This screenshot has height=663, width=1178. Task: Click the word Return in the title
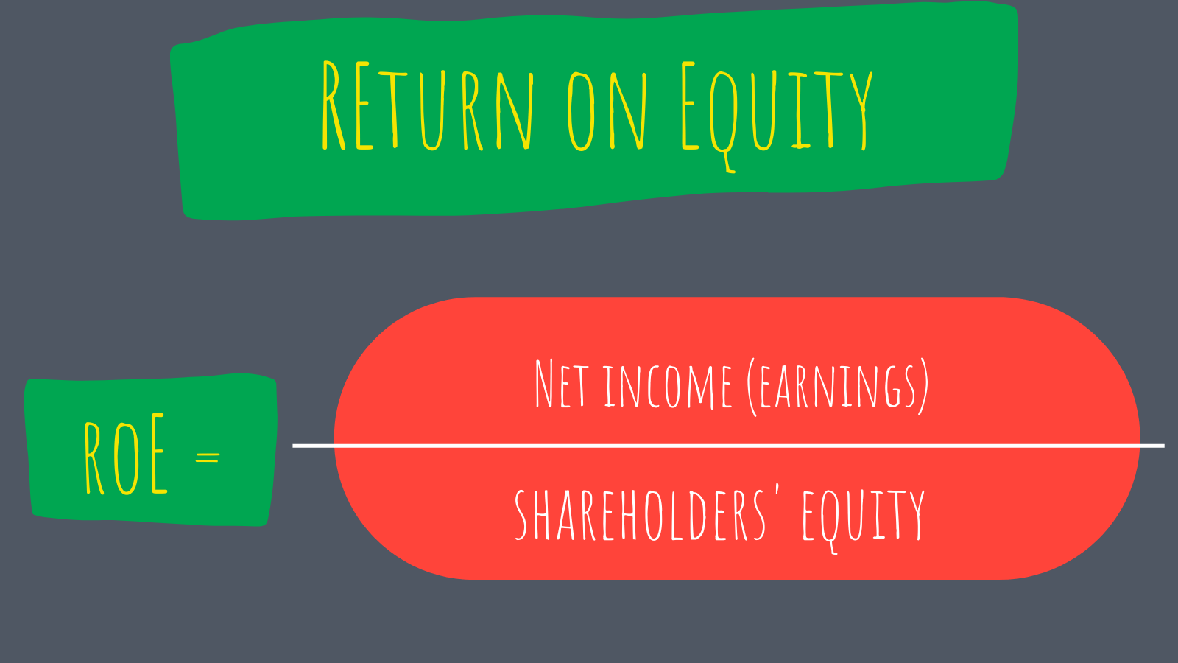427,107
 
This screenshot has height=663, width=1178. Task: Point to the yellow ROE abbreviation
126,455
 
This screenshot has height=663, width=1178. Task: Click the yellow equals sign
208,457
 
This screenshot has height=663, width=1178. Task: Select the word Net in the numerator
561,385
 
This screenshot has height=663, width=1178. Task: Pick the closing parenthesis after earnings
923,387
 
